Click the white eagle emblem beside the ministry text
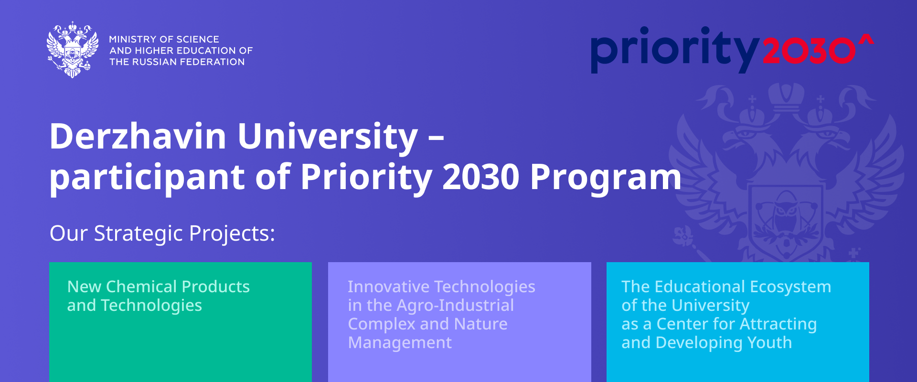(x=73, y=49)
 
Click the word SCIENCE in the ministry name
(x=198, y=39)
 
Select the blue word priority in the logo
(x=675, y=50)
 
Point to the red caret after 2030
(x=866, y=40)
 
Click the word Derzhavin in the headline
(x=138, y=137)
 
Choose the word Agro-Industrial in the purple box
(x=455, y=306)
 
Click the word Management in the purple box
(x=400, y=343)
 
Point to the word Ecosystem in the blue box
(x=790, y=287)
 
